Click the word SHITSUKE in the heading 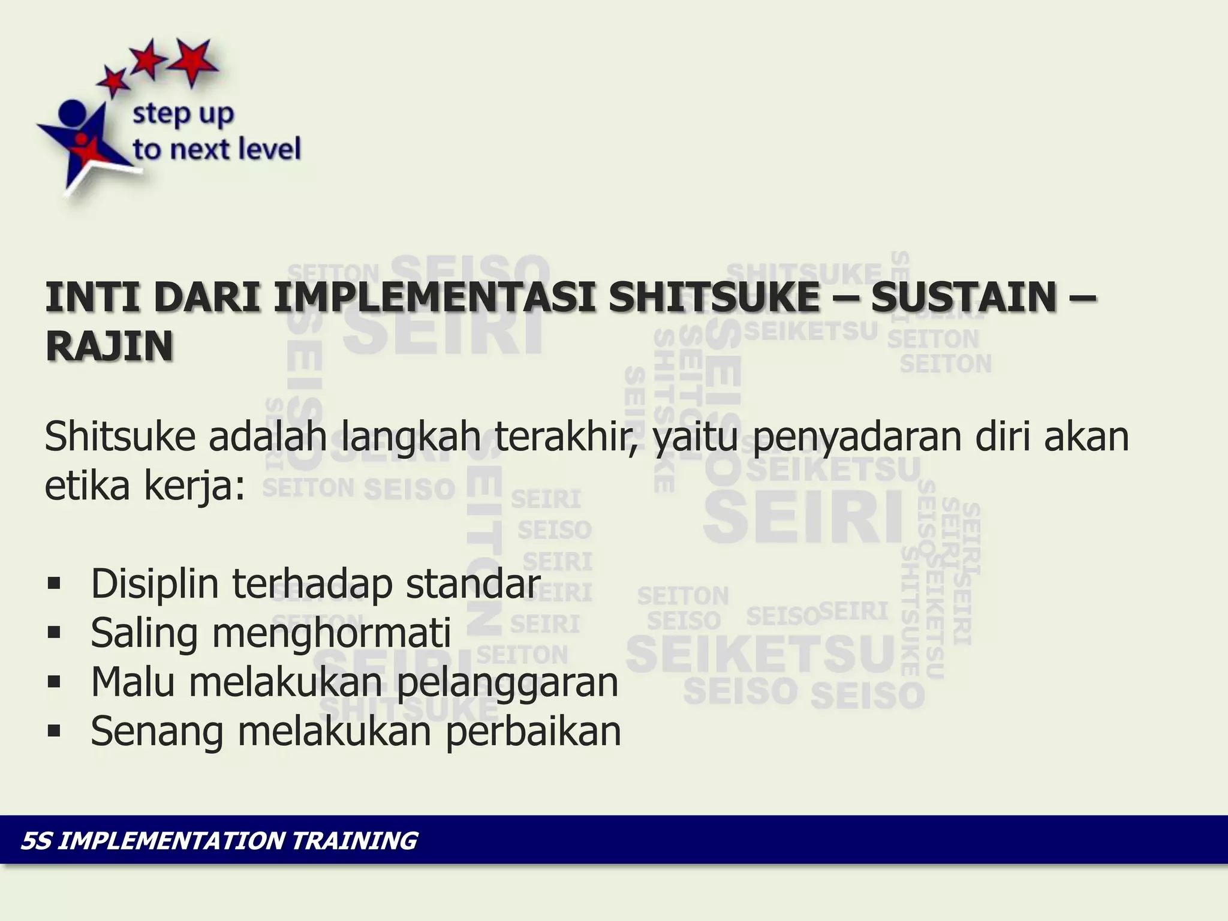pyautogui.click(x=714, y=297)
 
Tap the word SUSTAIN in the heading pyautogui.click(x=963, y=297)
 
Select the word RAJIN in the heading pyautogui.click(x=110, y=347)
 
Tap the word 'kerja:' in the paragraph pyautogui.click(x=195, y=486)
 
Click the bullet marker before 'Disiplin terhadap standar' pyautogui.click(x=55, y=583)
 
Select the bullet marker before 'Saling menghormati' pyautogui.click(x=55, y=633)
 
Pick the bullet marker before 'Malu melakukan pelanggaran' pyautogui.click(x=55, y=682)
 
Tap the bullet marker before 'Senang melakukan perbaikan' pyautogui.click(x=55, y=731)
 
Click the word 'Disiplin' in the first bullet pyautogui.click(x=155, y=584)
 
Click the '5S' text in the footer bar pyautogui.click(x=37, y=841)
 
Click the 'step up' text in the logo pyautogui.click(x=183, y=114)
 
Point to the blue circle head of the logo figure pyautogui.click(x=73, y=113)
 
